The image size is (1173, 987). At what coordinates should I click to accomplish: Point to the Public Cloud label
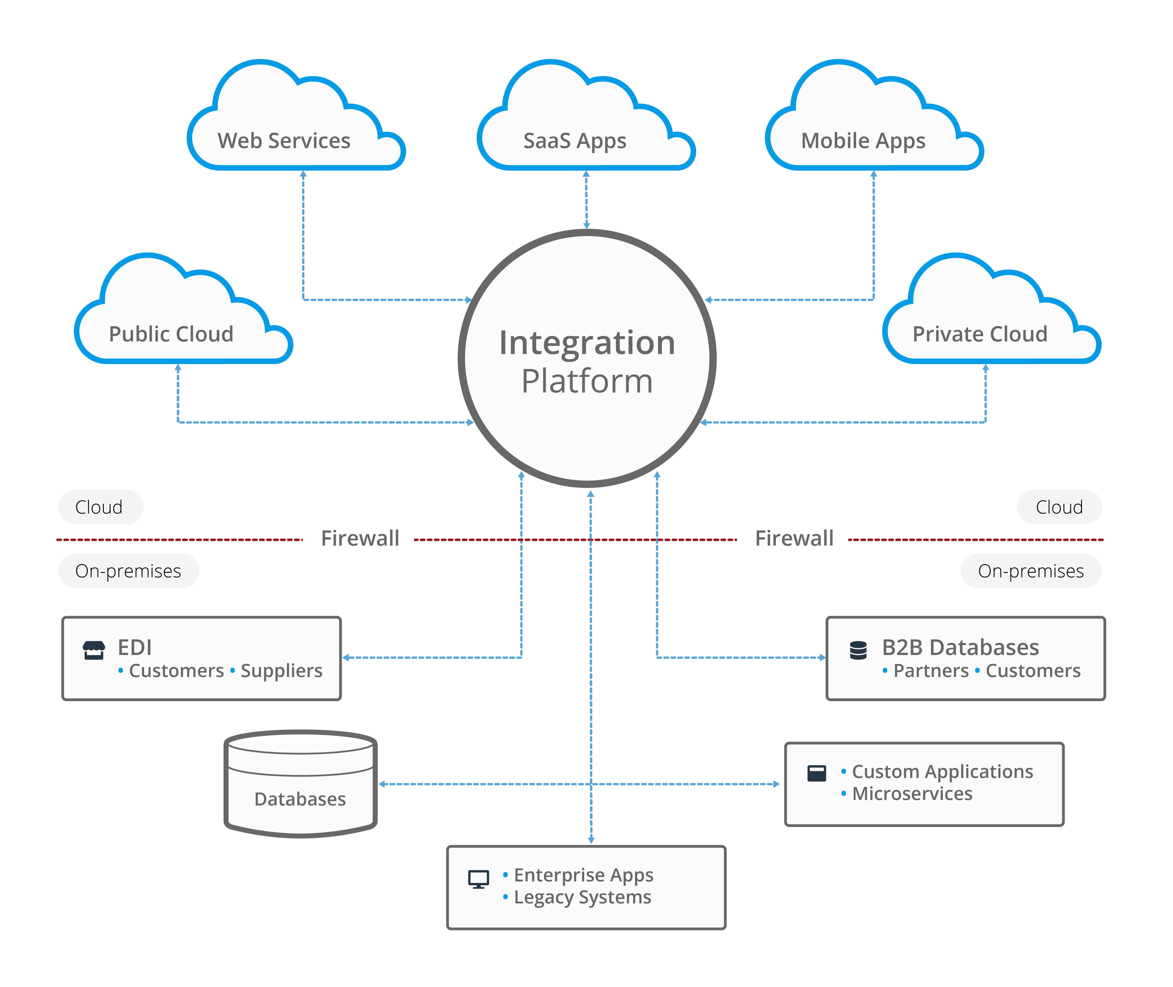[x=171, y=334]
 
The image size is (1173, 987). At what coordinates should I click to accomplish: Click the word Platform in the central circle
[x=587, y=382]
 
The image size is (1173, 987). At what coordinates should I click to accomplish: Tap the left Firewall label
[x=360, y=538]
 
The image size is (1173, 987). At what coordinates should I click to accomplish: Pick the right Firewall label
[x=794, y=538]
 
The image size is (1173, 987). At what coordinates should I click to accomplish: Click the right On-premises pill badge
[x=1030, y=571]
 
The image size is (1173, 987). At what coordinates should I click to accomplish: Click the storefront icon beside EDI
[x=94, y=650]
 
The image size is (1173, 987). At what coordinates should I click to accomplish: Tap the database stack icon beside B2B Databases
[x=858, y=650]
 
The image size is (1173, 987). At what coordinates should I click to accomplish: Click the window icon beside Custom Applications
[x=817, y=773]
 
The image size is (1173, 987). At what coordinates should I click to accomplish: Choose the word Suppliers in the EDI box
[x=282, y=670]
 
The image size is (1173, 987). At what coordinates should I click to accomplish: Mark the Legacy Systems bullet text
[x=583, y=897]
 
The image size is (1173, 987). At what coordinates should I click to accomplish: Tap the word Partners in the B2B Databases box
[x=931, y=670]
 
